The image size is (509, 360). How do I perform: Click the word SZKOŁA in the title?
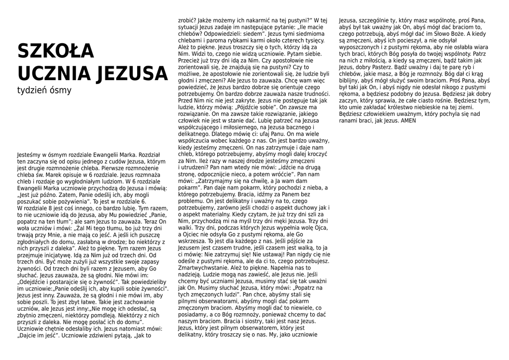point(56,51)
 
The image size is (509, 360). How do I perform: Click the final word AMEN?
point(408,120)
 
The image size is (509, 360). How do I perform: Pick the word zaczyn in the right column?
point(348,100)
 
